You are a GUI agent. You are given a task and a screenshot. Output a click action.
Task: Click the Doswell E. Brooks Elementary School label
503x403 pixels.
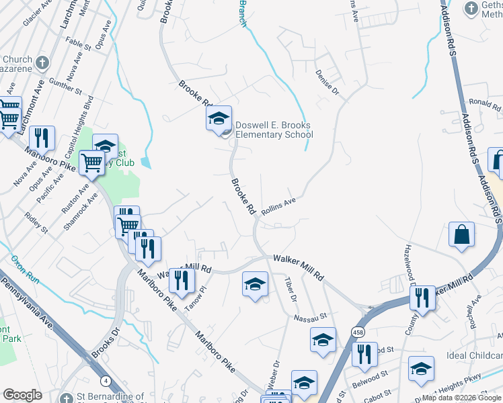click(x=274, y=130)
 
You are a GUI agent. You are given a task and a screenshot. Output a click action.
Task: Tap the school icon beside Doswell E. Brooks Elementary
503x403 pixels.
click(x=218, y=119)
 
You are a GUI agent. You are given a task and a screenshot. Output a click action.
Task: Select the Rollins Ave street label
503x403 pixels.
click(x=278, y=206)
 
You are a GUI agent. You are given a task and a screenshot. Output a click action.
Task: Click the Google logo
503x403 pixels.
click(x=23, y=395)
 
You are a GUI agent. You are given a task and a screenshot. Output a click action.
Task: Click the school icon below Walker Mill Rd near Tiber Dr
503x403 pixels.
click(x=255, y=285)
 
